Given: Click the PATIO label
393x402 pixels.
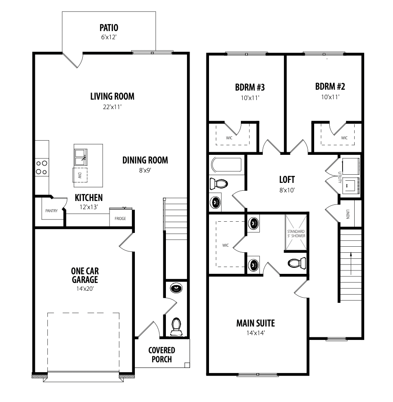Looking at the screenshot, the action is pos(109,28).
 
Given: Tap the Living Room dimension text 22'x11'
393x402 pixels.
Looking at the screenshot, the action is pos(112,107).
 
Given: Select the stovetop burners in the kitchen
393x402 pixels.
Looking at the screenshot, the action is pos(42,167).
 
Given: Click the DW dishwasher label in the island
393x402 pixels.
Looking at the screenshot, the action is pos(80,176).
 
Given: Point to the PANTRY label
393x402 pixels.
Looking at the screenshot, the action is pos(51,211).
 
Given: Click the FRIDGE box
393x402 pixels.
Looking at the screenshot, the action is pos(120,218).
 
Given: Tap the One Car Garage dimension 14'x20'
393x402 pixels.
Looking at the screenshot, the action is pos(85,289).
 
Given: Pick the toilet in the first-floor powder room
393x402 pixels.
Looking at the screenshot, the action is pos(176,327).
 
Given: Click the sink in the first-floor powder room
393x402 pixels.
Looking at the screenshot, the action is pos(176,288).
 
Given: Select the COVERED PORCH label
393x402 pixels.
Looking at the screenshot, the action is pos(162,355).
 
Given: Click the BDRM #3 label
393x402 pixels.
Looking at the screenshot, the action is pos(250,88).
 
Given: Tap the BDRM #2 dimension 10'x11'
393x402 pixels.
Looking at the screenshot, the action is pos(330,97).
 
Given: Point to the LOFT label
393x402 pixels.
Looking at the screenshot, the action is pos(287,180).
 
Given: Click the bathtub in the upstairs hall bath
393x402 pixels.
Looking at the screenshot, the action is pos(226,165).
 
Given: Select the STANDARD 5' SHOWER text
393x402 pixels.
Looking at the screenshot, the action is pos(296,233).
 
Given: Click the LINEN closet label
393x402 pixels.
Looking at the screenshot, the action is pos(348,214).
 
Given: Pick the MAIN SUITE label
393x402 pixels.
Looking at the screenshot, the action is pos(256,323).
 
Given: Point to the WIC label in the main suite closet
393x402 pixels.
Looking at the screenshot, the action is pos(225,245).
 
